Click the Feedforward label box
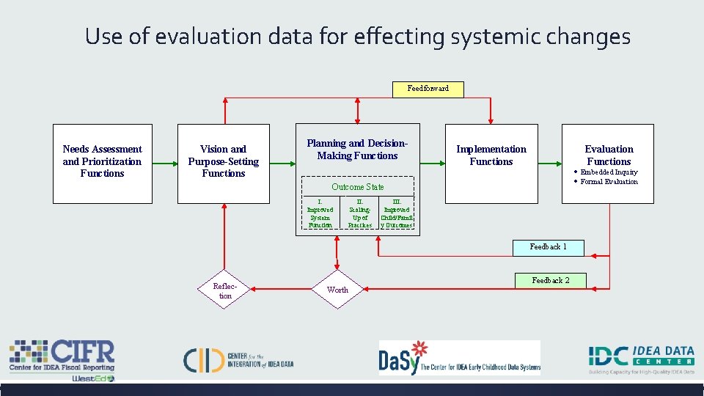(x=428, y=89)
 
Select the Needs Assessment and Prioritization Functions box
(x=102, y=162)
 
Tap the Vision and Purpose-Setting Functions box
(x=224, y=162)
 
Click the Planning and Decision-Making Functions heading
(x=357, y=150)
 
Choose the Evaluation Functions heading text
(x=609, y=155)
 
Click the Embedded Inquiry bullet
(x=608, y=172)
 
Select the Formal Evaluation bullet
(x=608, y=182)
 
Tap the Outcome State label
(x=357, y=187)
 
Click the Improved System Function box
(x=320, y=213)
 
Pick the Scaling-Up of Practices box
(x=360, y=213)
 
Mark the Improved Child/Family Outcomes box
(x=397, y=213)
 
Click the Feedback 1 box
(x=548, y=247)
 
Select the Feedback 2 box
(x=550, y=281)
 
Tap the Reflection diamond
(x=223, y=290)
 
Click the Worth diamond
(x=337, y=290)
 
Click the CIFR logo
(x=62, y=359)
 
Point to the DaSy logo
(x=459, y=358)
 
